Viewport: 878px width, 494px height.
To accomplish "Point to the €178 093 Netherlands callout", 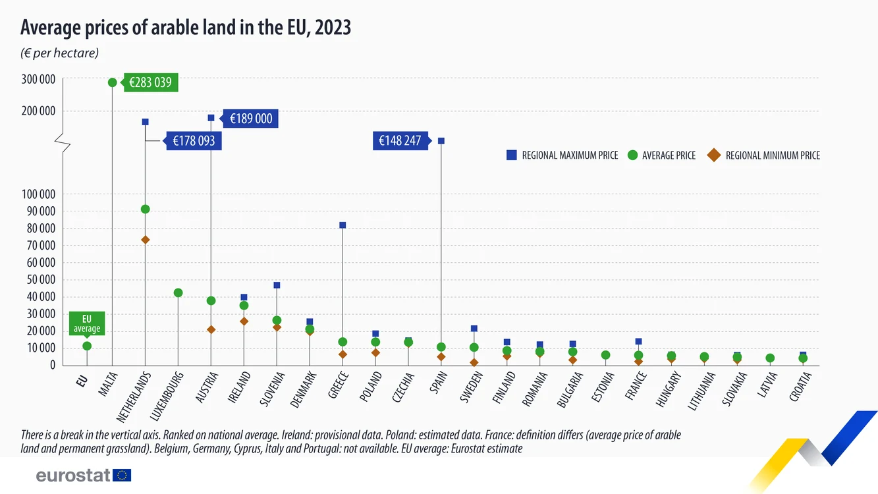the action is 193,141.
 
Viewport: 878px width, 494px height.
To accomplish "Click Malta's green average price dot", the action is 113,82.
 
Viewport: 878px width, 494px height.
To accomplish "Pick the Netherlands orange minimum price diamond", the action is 146,240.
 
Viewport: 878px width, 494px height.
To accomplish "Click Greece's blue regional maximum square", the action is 343,225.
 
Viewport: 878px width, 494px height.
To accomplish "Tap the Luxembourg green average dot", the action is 178,293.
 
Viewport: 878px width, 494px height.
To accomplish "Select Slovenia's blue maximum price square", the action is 277,285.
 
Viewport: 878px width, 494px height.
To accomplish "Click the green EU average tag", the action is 87,324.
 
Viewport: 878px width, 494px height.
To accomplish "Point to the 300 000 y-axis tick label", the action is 38,79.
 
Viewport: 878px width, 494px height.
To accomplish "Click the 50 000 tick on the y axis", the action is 41,279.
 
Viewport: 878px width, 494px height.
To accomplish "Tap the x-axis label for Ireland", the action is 239,387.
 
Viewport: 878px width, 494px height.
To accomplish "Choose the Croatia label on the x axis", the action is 800,387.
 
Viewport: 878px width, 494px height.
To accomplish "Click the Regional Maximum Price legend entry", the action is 562,155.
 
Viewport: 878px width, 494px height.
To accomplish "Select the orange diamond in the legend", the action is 714,155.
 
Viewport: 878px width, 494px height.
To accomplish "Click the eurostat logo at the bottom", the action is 84,476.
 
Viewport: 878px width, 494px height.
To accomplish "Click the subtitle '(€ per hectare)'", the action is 59,53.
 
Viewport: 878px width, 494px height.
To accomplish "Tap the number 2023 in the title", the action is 333,28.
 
